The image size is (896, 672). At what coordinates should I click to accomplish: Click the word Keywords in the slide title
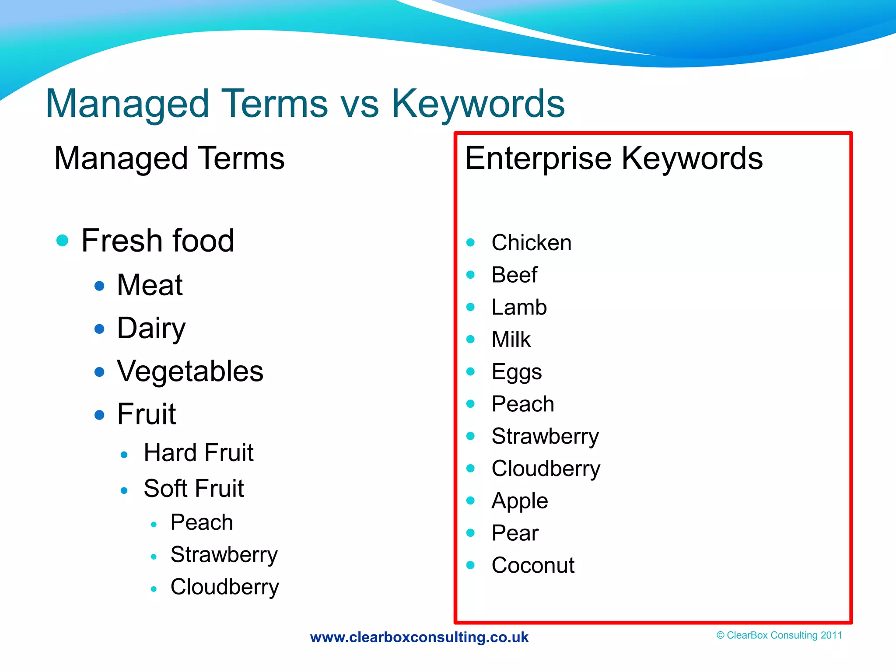click(x=478, y=104)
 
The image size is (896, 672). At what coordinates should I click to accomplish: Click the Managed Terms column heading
click(x=169, y=158)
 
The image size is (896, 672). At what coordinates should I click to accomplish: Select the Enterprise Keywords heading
click(x=613, y=158)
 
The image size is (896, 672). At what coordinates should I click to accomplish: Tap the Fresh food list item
click(x=157, y=241)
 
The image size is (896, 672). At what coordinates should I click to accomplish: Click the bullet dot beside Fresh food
click(x=63, y=240)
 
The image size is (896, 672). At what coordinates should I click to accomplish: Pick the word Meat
click(x=150, y=285)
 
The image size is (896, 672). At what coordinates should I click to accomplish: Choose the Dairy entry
click(x=151, y=328)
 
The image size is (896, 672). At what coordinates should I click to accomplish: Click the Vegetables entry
click(x=190, y=371)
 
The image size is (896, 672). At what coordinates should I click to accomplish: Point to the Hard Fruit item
click(x=199, y=453)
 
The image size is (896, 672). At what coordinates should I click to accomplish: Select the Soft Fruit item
click(x=193, y=488)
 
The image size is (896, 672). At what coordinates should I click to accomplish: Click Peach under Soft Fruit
click(x=202, y=522)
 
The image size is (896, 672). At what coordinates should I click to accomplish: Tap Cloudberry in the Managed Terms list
click(x=224, y=587)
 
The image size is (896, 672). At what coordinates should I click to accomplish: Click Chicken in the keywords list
click(x=531, y=243)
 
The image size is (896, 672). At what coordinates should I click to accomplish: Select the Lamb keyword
click(x=519, y=307)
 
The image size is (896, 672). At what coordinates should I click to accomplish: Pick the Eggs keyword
click(x=516, y=372)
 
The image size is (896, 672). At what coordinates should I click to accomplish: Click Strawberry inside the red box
click(x=545, y=437)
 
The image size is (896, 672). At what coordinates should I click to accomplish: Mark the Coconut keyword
click(x=532, y=565)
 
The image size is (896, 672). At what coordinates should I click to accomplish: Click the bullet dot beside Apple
click(x=471, y=500)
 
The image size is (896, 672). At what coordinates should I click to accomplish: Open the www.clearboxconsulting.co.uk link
click(x=419, y=637)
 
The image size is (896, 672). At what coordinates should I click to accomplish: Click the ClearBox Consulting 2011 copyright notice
click(x=779, y=635)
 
